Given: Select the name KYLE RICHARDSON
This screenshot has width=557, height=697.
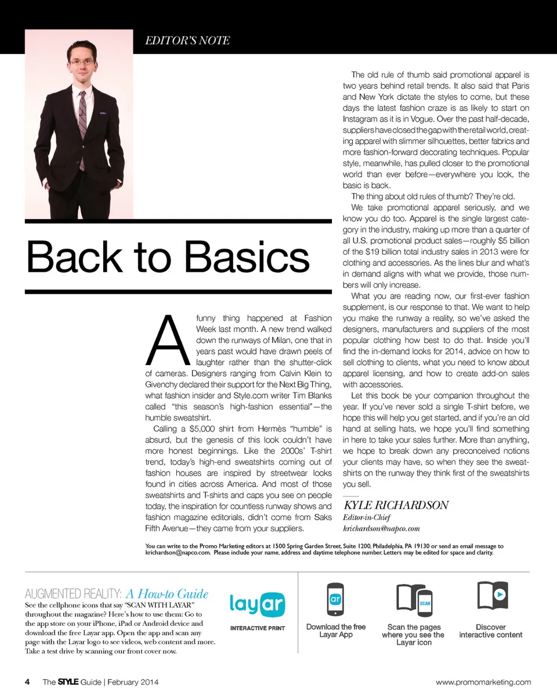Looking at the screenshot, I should coord(396,505).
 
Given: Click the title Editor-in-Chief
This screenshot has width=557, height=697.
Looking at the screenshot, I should coord(367,517).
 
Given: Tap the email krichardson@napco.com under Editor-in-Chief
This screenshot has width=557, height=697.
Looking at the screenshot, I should coord(381,528).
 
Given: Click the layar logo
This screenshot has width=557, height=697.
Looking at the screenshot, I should coord(257,604).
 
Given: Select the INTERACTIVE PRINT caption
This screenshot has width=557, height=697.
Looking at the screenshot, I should coord(257,628).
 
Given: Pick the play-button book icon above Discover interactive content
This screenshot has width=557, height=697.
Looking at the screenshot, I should coord(491,597).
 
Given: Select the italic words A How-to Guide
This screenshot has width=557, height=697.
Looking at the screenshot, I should coord(167,594).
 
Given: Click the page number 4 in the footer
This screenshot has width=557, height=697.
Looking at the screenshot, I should coord(27,681).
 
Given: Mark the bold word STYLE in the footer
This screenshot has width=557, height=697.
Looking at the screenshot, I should coord(67,682).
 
